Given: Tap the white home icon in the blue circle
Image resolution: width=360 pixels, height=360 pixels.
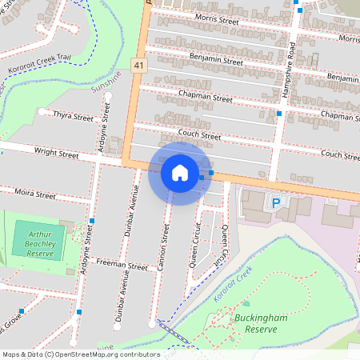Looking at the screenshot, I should [180, 173].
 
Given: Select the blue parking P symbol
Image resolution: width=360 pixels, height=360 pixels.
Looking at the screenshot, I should [277, 203].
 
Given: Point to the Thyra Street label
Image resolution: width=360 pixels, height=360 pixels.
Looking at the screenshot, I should [72, 116].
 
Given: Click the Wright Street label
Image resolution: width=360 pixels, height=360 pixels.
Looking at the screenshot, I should [56, 152].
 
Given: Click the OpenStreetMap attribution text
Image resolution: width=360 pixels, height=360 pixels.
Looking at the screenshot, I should [80, 354].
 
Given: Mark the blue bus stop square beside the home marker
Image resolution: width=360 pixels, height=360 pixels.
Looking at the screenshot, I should [211, 173].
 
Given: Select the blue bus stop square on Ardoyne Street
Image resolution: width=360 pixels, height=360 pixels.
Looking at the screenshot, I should [93, 220].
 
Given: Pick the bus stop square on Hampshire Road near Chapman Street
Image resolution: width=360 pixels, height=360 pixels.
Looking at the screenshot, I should [279, 114].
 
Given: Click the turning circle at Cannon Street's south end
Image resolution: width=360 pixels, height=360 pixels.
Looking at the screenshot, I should [152, 323].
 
